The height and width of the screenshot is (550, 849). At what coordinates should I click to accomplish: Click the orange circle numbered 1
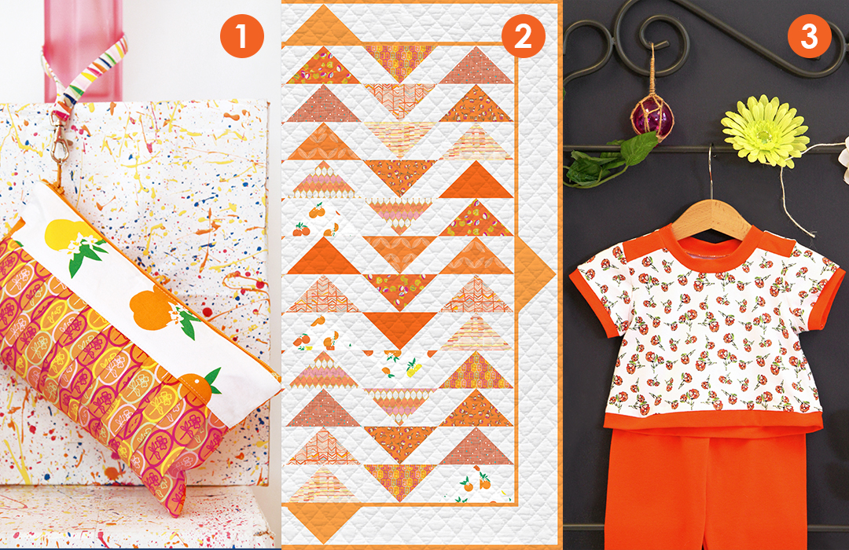[241, 36]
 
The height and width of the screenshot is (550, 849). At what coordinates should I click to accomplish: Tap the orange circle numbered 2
[523, 36]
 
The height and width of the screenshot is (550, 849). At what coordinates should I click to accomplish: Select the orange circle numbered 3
[810, 36]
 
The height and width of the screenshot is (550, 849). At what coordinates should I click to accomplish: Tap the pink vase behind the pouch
[83, 49]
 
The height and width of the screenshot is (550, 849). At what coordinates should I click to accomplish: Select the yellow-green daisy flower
[765, 130]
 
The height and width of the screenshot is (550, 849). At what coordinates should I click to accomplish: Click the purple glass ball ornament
[652, 117]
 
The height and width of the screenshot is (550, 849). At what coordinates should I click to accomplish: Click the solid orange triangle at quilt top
[324, 25]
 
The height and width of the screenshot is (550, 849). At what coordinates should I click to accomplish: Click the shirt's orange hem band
[712, 420]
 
